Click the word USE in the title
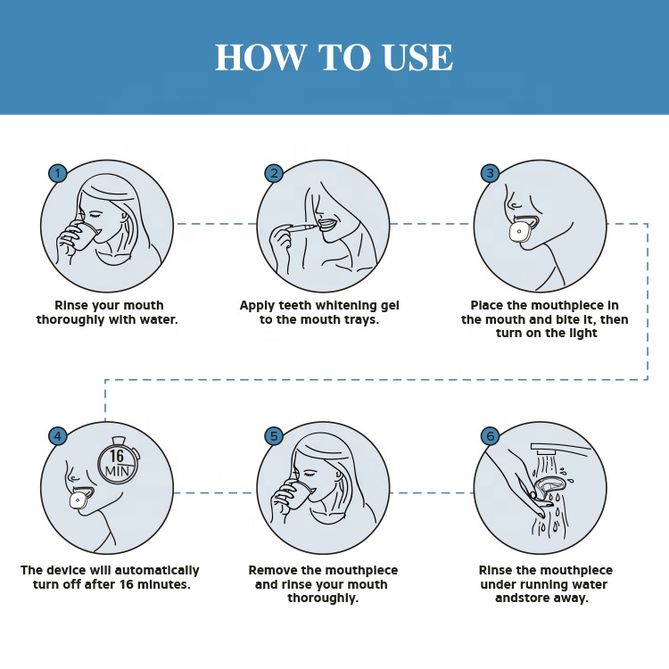click(x=417, y=57)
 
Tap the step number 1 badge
click(x=58, y=173)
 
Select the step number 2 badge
click(x=274, y=173)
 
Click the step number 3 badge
click(x=490, y=173)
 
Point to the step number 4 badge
click(x=58, y=436)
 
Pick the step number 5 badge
click(x=274, y=436)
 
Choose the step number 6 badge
click(x=490, y=436)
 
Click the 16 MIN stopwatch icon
click(x=118, y=462)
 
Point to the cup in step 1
click(x=85, y=235)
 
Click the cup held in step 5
click(x=301, y=497)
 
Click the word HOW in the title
click(x=260, y=57)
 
